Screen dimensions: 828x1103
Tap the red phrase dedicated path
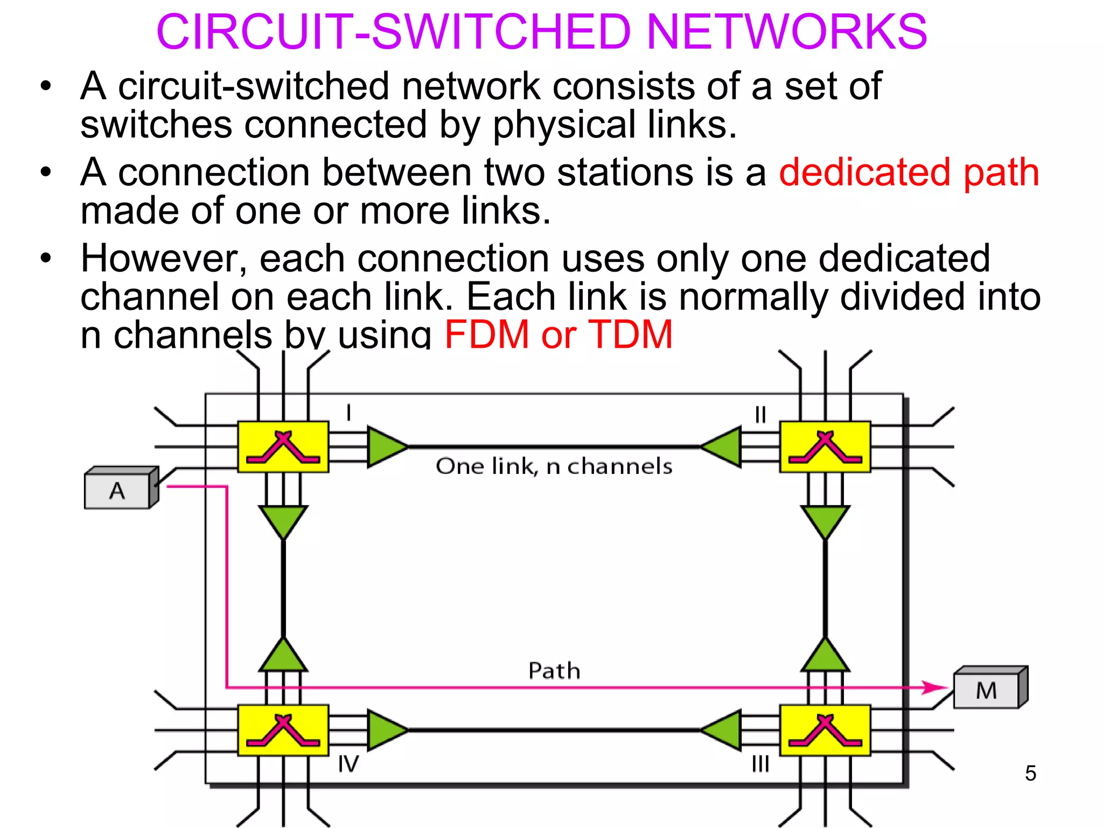909,172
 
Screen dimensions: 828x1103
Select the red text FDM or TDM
559,334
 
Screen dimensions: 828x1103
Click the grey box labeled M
988,690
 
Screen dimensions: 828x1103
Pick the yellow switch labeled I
283,447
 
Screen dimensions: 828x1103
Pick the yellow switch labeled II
825,447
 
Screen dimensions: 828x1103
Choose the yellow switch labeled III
825,730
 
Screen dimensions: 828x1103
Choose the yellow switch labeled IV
283,730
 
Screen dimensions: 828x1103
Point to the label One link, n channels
554,466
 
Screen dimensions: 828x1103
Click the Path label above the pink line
554,671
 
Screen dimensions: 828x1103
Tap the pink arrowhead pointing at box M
935,687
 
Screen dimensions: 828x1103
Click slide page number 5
1030,773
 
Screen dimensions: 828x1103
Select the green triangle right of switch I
385,447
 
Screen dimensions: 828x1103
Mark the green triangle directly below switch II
825,520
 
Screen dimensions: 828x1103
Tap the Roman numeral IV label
348,764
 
